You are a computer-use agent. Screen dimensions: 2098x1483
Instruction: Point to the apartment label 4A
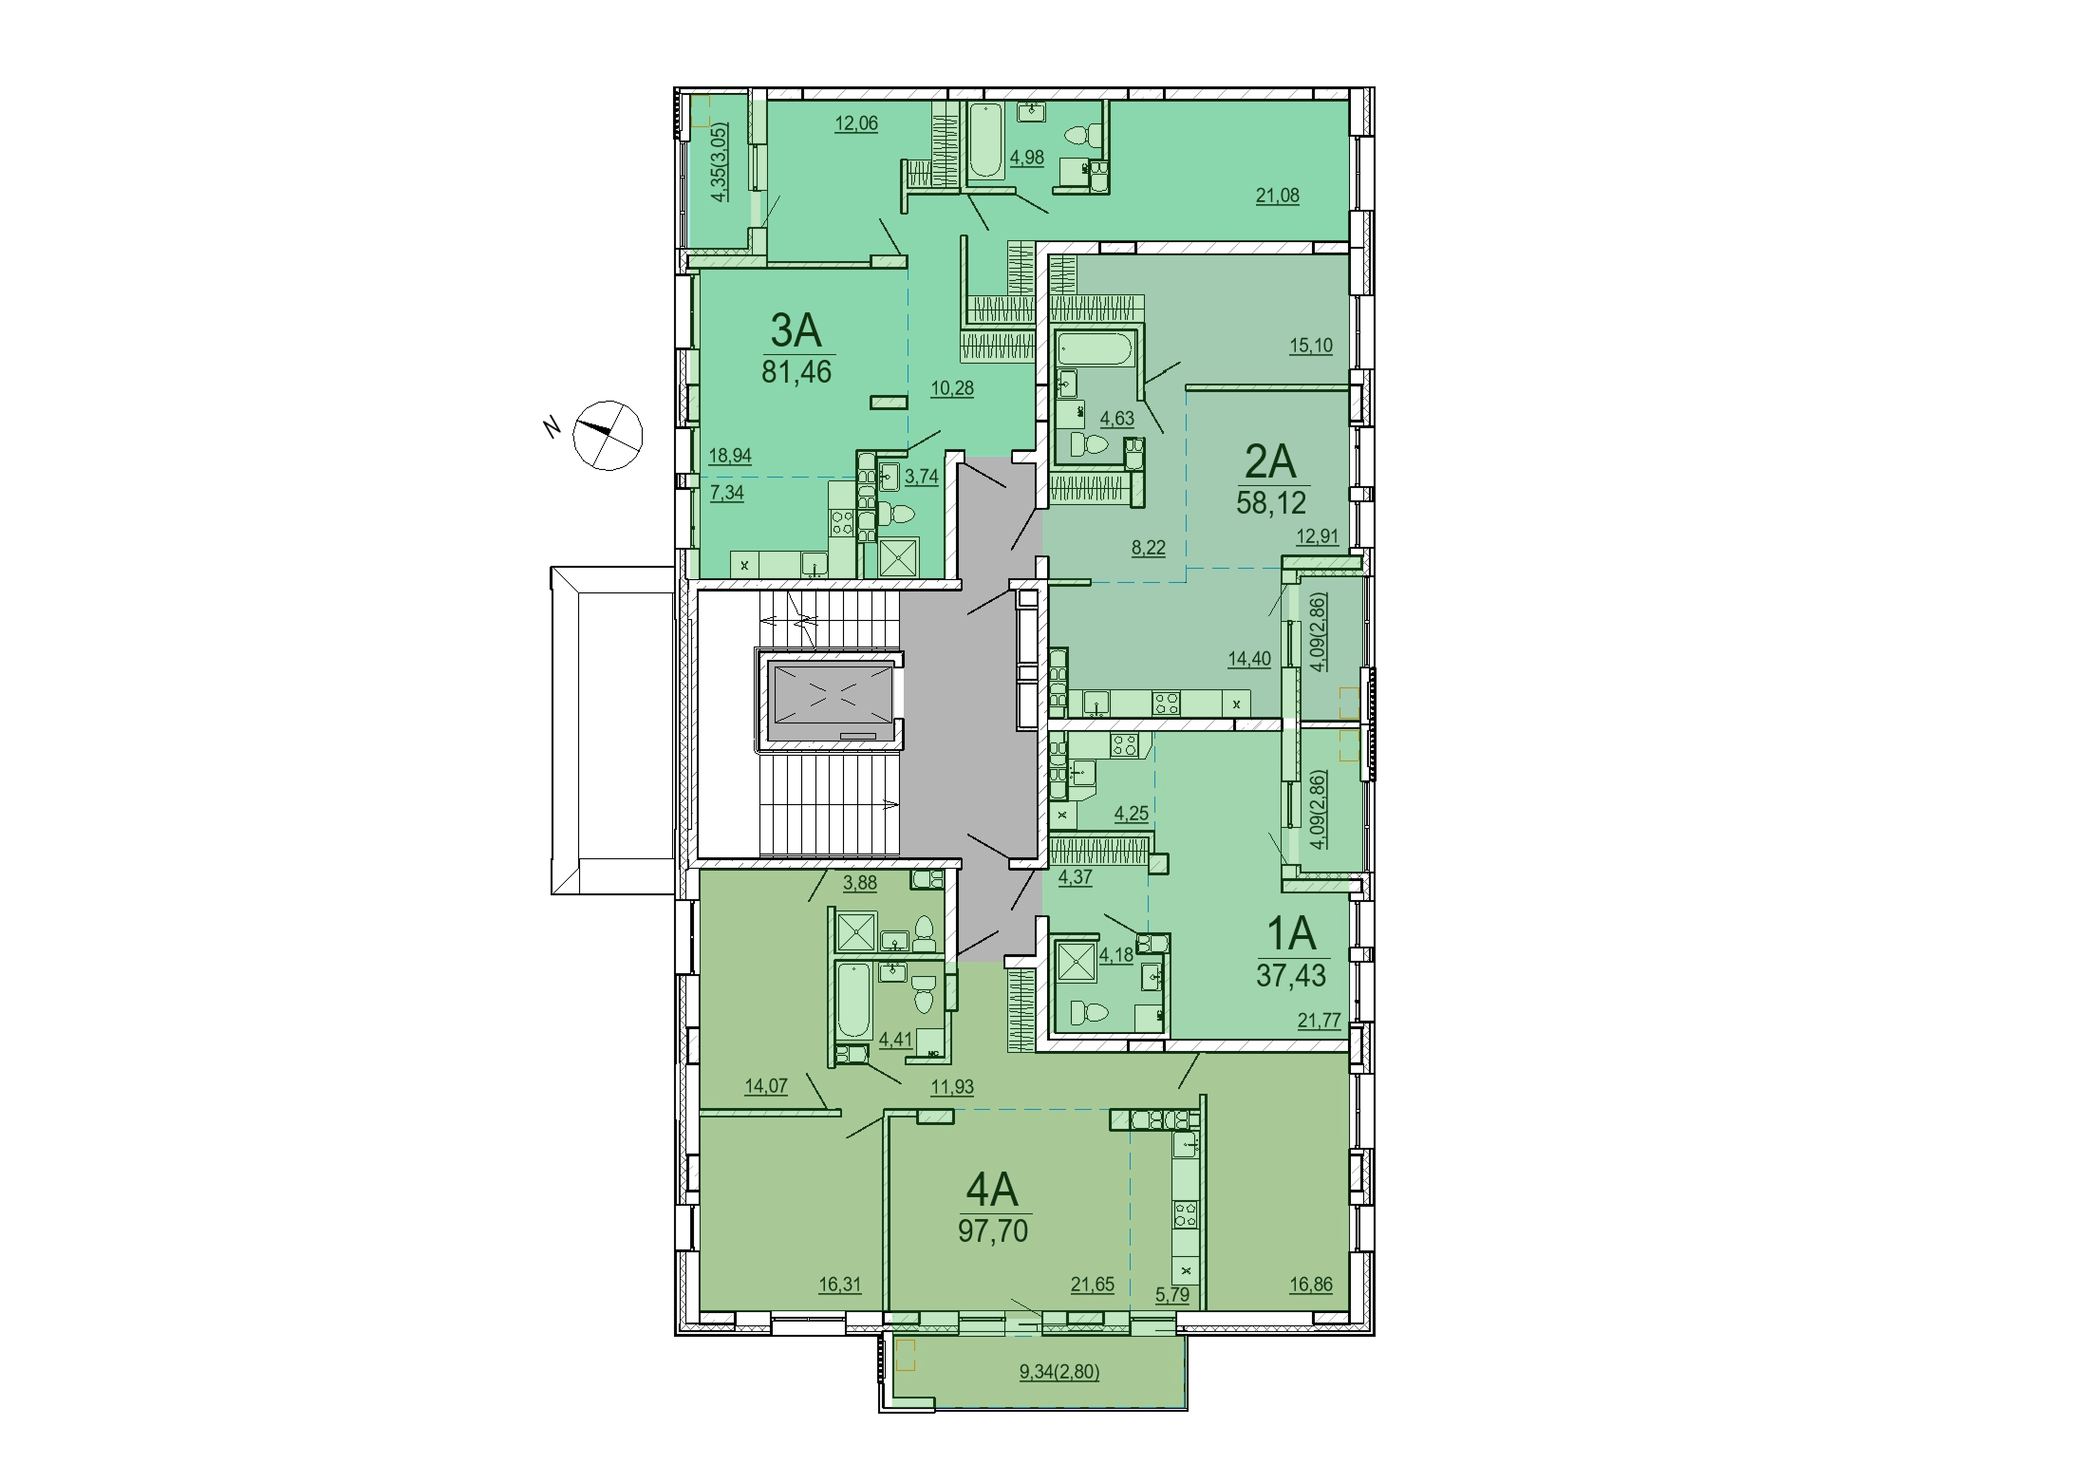pyautogui.click(x=992, y=1189)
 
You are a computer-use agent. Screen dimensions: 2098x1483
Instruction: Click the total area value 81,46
pyautogui.click(x=796, y=372)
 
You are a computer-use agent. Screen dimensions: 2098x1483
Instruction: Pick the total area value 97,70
pyautogui.click(x=993, y=1230)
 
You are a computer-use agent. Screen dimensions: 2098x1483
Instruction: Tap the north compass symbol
pyautogui.click(x=608, y=435)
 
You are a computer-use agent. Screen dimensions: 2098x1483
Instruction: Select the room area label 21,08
pyautogui.click(x=1278, y=196)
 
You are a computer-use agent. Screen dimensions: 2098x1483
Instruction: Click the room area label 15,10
pyautogui.click(x=1311, y=346)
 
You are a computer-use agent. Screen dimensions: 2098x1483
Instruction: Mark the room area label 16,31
pyautogui.click(x=840, y=1285)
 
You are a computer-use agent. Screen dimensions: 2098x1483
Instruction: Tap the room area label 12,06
pyautogui.click(x=856, y=122)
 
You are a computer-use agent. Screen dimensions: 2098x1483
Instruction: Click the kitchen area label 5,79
pyautogui.click(x=1172, y=1293)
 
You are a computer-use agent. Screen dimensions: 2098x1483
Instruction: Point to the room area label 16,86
pyautogui.click(x=1311, y=1285)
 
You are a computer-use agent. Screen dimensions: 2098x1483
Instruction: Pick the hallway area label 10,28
pyautogui.click(x=952, y=388)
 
